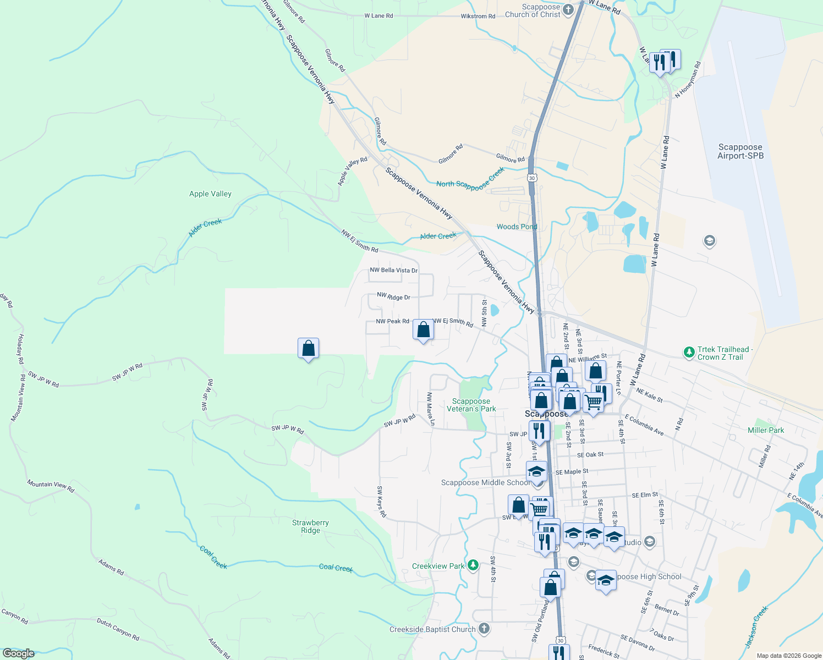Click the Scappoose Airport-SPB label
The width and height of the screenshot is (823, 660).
click(740, 151)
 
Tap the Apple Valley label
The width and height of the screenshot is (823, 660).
click(210, 194)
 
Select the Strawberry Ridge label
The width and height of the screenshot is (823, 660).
click(310, 526)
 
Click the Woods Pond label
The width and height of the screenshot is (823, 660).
click(517, 227)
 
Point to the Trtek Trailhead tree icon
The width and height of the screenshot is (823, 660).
click(688, 352)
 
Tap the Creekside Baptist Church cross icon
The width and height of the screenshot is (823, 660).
click(484, 628)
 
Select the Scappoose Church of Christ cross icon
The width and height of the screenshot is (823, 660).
click(569, 9)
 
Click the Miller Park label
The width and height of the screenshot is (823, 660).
click(766, 430)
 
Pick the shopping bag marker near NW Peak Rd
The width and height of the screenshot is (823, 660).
click(423, 330)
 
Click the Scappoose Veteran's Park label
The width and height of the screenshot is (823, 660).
click(471, 405)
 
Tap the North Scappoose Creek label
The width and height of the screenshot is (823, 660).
click(470, 179)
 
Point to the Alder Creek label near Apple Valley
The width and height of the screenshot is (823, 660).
click(205, 228)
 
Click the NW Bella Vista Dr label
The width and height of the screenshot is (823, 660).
click(393, 270)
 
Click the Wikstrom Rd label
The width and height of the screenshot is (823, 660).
click(478, 16)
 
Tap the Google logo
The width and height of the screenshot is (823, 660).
click(18, 653)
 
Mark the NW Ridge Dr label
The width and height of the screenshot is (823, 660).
click(393, 296)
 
